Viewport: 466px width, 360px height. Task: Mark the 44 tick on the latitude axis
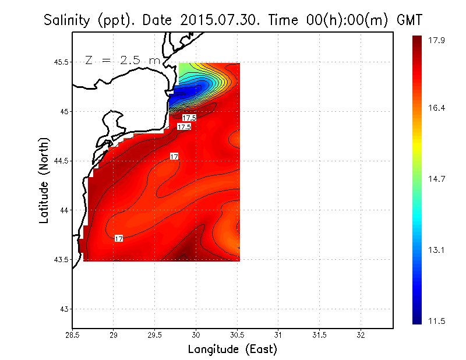point(64,210)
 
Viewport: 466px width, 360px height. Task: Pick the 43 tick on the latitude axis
point(64,309)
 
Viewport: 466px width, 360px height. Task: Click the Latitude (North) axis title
point(44,180)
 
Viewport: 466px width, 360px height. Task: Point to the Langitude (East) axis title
point(232,350)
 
